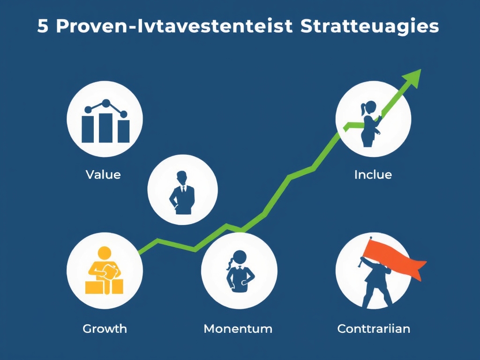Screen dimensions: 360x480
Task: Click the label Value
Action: pos(103,175)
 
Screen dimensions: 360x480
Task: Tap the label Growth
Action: pos(105,328)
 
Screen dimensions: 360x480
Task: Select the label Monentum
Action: pos(238,329)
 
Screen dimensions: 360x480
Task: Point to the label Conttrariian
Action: pos(374,329)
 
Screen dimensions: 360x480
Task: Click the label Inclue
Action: pos(373,175)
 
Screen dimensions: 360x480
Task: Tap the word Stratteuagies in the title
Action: pos(369,27)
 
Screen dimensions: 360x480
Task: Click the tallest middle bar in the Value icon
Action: pos(105,127)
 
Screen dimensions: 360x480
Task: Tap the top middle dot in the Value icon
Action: pos(105,103)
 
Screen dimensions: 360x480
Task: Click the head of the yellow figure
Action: pos(104,253)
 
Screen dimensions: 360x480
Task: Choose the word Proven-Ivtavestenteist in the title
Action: pos(172,27)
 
